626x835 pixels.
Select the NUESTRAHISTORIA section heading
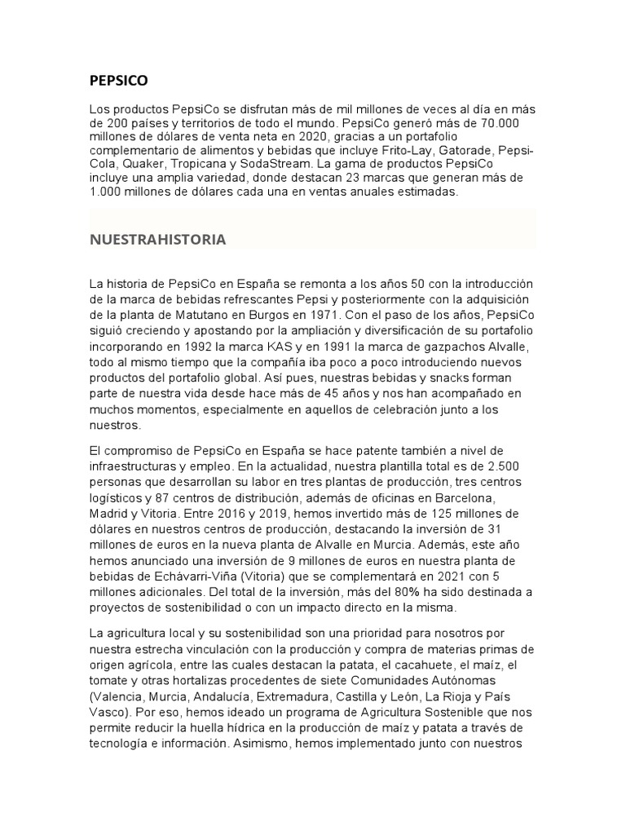point(157,240)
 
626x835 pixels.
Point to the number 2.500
point(511,465)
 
